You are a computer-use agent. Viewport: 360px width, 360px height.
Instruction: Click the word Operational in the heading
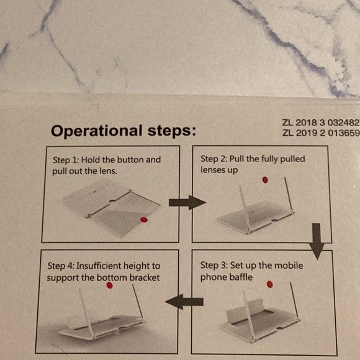point(97,132)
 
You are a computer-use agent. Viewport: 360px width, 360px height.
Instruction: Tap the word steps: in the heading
point(172,132)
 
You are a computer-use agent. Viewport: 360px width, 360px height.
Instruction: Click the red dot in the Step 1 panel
point(144,220)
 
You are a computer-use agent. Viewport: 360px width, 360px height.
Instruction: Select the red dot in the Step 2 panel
point(265,180)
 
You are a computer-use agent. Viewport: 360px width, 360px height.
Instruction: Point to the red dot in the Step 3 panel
point(270,284)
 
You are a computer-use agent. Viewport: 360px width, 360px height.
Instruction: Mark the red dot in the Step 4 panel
point(109,285)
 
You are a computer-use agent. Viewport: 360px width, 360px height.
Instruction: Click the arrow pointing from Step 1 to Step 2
point(187,202)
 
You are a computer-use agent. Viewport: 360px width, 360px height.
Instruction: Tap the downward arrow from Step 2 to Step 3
point(317,241)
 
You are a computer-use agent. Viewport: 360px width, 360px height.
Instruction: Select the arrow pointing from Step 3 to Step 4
point(184,302)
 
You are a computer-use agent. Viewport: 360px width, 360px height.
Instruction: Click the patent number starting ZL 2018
point(321,123)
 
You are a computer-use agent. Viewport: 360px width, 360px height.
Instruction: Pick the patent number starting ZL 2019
point(321,133)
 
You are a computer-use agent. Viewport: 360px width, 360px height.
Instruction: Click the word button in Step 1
point(130,160)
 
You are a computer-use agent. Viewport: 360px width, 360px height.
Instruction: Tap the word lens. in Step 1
point(106,171)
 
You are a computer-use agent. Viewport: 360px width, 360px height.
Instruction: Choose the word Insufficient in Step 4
point(99,266)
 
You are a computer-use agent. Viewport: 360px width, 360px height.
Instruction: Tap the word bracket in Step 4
point(145,278)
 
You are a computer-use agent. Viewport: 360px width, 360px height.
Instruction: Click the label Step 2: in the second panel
point(214,159)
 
